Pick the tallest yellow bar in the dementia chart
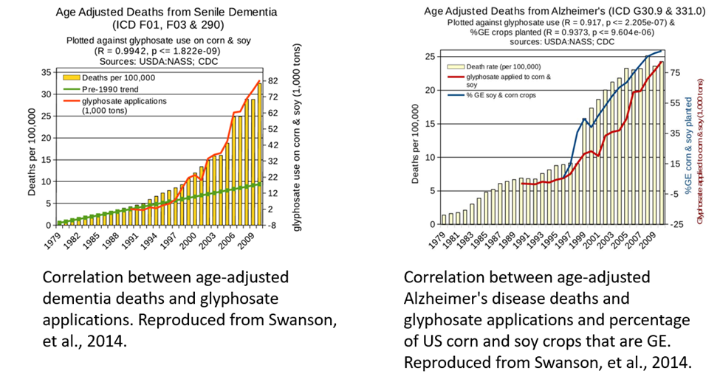(x=258, y=154)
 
